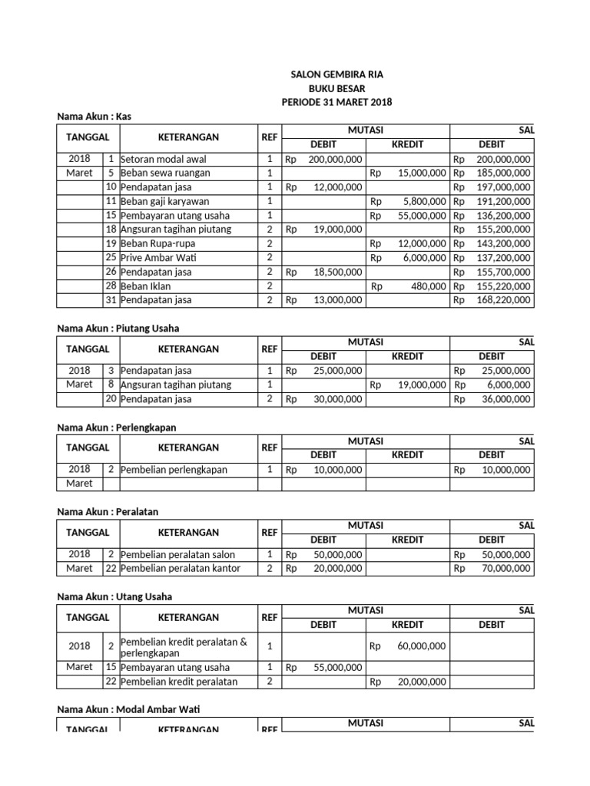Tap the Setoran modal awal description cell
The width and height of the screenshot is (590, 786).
(x=163, y=159)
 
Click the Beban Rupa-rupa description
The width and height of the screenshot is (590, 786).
(x=157, y=243)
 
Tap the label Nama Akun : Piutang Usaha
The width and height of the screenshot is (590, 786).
(x=118, y=328)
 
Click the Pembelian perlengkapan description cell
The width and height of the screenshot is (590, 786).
(x=174, y=470)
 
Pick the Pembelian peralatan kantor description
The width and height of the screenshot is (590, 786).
(x=180, y=569)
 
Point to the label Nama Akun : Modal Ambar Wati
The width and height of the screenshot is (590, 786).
(x=128, y=710)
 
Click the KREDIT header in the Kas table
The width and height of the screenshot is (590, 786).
(x=407, y=144)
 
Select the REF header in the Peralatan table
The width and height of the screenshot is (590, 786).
(x=269, y=532)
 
